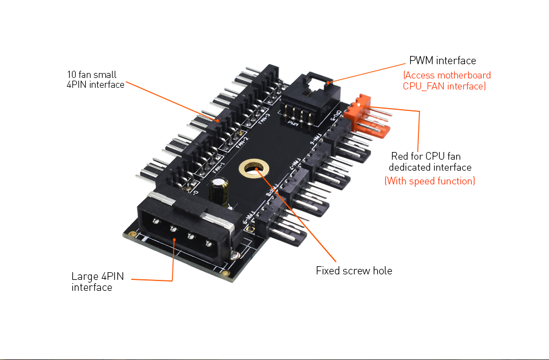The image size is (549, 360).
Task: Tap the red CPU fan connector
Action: point(369,116)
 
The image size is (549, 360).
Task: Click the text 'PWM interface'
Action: point(442,60)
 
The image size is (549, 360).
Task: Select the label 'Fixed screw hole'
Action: point(354,271)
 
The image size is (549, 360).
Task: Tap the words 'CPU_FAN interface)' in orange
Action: point(444,86)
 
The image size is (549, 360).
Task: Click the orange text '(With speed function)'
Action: point(429,181)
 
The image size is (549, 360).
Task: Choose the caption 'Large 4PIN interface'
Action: point(97,282)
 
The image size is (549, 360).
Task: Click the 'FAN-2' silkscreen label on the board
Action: point(242,142)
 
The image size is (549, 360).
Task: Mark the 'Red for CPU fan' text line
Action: point(425,156)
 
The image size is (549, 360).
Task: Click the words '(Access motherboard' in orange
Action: point(447,75)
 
